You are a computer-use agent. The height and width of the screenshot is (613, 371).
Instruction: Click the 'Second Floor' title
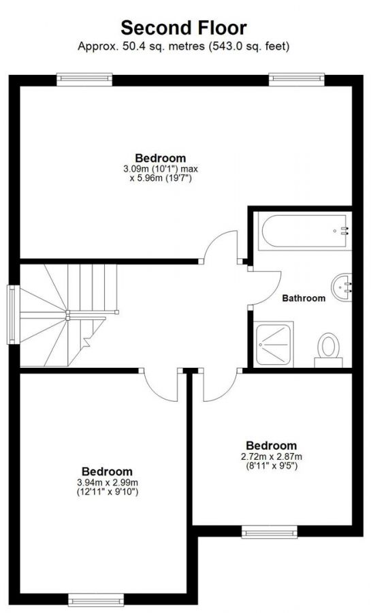pos(183,28)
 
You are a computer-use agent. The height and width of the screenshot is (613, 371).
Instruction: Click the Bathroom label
pos(304,298)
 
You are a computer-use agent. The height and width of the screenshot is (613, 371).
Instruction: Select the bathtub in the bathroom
pos(303,231)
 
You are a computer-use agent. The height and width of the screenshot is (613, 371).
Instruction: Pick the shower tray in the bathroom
pos(276,344)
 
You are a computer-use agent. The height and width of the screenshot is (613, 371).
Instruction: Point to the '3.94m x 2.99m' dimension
pos(107,482)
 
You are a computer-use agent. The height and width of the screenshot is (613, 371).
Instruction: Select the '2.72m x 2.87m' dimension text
pos(271,456)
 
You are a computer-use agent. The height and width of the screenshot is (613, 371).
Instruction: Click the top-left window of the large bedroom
pos(85,79)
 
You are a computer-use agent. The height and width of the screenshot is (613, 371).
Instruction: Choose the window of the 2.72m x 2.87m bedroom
pos(269,532)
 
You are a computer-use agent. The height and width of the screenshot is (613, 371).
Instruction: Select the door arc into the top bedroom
pos(221,245)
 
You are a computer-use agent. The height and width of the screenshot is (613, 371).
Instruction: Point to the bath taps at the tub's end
pos(344,231)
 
